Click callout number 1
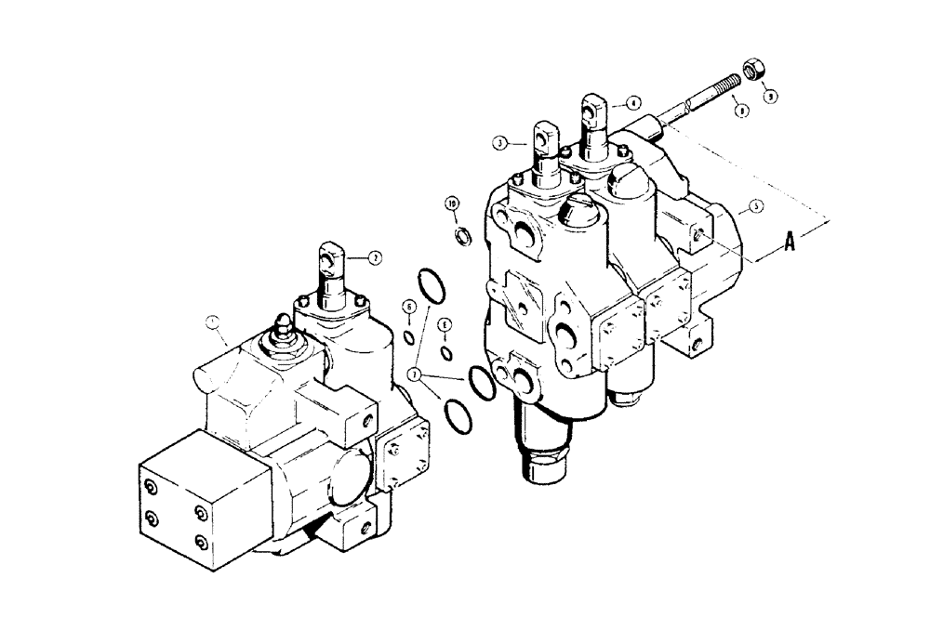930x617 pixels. [x=212, y=322]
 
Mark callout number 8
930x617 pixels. [x=742, y=110]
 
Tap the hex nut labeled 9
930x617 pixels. [x=751, y=71]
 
